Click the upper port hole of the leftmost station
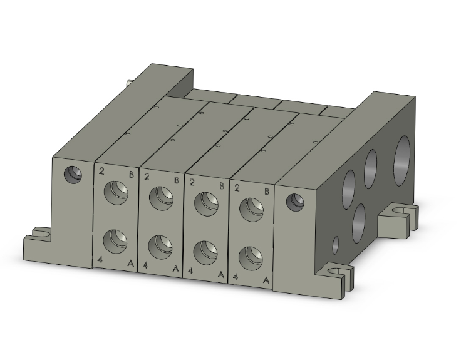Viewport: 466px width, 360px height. (116, 192)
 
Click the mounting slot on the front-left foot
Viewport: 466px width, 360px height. (41, 235)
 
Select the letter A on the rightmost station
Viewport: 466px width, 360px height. (266, 280)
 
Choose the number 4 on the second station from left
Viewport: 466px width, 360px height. (146, 265)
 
